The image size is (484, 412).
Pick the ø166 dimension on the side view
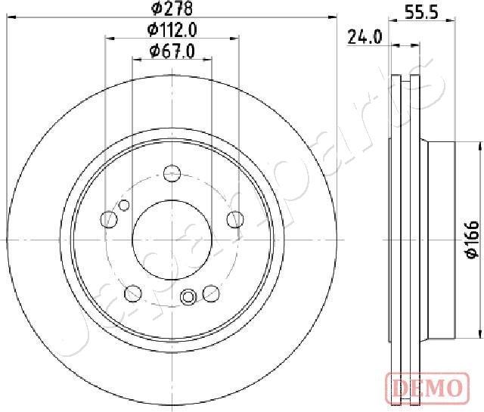coord(471,240)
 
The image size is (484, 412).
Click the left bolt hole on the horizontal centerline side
coord(110,220)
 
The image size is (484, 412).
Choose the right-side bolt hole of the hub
coord(236,219)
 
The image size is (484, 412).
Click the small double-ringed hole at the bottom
coord(190,296)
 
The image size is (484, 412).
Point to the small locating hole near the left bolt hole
coord(125,204)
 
